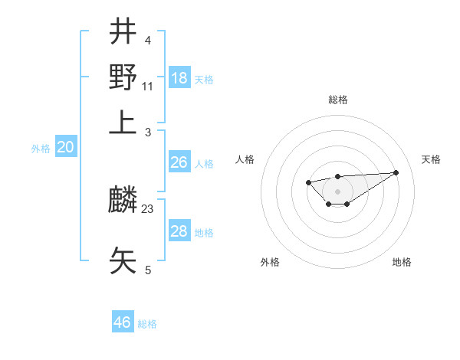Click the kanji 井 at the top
click(x=123, y=32)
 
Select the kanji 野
click(x=123, y=77)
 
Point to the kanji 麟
click(x=123, y=201)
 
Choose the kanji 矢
click(x=123, y=259)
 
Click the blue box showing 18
click(x=179, y=77)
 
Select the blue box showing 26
click(x=179, y=162)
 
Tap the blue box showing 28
click(x=179, y=231)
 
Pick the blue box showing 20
click(x=65, y=148)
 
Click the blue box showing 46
click(x=123, y=322)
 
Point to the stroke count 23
click(x=148, y=208)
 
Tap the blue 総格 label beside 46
click(x=147, y=324)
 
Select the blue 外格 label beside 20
click(x=41, y=149)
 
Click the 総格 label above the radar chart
click(x=337, y=100)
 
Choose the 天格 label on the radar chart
click(x=431, y=159)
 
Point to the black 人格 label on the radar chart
click(x=245, y=159)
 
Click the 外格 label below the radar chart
click(x=270, y=262)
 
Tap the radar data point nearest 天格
click(x=396, y=172)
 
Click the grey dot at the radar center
click(x=337, y=191)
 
